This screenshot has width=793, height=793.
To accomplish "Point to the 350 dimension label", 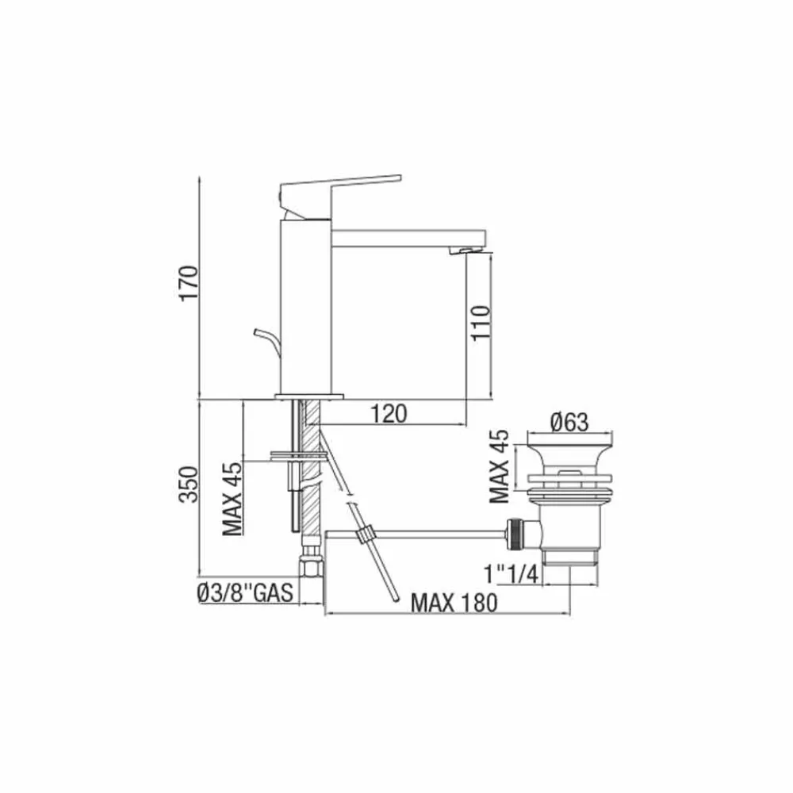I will click(188, 485).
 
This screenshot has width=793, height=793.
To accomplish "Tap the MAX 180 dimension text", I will click(453, 603).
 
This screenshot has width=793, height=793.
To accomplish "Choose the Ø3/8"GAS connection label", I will click(245, 592).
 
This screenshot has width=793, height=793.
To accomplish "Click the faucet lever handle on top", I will click(341, 187).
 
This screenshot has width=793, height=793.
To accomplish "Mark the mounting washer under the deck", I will click(298, 456).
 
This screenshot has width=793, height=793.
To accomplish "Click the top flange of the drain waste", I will click(571, 446).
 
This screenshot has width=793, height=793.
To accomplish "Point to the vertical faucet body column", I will click(305, 309).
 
